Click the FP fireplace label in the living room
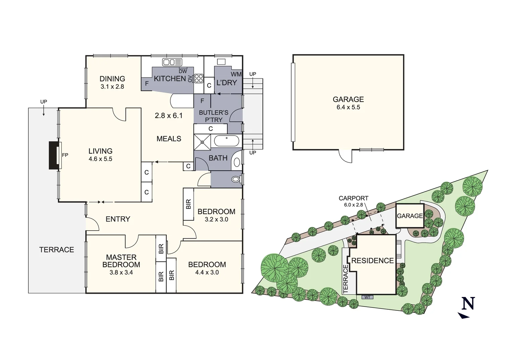coord(65,155)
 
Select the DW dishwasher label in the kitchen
coord(183,71)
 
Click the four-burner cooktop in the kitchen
coord(199,78)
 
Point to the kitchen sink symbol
coord(172,62)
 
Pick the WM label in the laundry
coord(236,74)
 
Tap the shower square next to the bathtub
coord(203,142)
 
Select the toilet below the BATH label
coord(236,179)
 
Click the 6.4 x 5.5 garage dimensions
coord(348,107)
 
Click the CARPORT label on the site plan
coord(353,198)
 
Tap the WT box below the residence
coord(367,297)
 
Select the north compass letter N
coord(468,303)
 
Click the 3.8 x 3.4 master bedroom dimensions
coord(121,273)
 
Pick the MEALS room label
coord(169,139)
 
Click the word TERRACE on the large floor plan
coord(56,250)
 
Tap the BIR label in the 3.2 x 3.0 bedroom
coord(188,204)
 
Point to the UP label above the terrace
coord(44,102)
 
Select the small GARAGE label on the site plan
coord(410,216)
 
